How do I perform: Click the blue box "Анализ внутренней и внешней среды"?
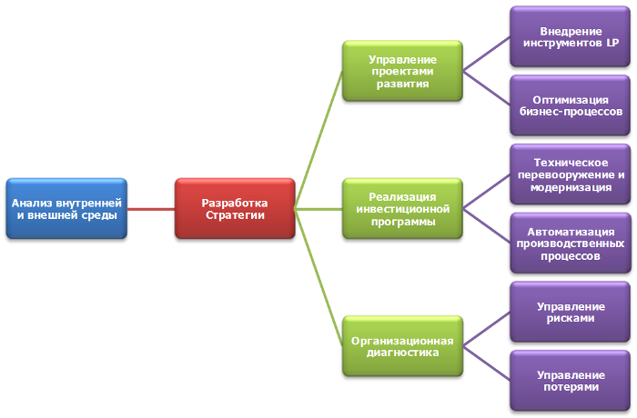coord(66,209)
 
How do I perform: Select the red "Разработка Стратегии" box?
coord(234,209)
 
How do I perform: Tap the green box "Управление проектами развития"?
coord(402,71)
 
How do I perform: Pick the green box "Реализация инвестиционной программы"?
coord(402,208)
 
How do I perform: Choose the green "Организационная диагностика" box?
coord(402,345)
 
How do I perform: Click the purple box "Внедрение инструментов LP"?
coord(571,37)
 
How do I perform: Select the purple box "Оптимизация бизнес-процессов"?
coord(571,105)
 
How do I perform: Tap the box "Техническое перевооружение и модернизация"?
coord(571,174)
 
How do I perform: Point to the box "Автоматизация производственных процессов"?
coord(571,243)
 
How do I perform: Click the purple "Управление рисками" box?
coord(571,312)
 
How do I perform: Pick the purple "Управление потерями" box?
coord(571,380)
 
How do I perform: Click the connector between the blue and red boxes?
coord(149,209)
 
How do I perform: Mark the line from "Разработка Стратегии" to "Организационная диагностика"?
coord(318,277)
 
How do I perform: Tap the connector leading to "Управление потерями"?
coord(486,363)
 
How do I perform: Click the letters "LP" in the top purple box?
coord(612,44)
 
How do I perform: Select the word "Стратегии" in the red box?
coord(234,215)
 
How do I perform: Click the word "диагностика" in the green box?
coord(402,352)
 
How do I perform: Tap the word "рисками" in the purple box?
coord(571,318)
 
